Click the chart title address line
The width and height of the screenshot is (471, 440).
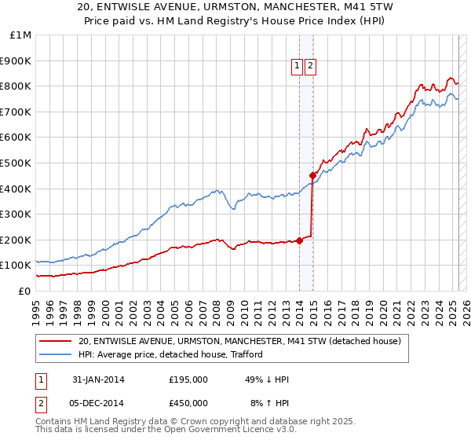tap(235, 9)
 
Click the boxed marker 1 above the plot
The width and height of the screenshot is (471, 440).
tap(298, 67)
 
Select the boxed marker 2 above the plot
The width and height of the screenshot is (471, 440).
tap(311, 67)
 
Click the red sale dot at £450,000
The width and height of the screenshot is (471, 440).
tap(312, 175)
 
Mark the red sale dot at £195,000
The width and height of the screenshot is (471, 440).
tap(300, 240)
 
